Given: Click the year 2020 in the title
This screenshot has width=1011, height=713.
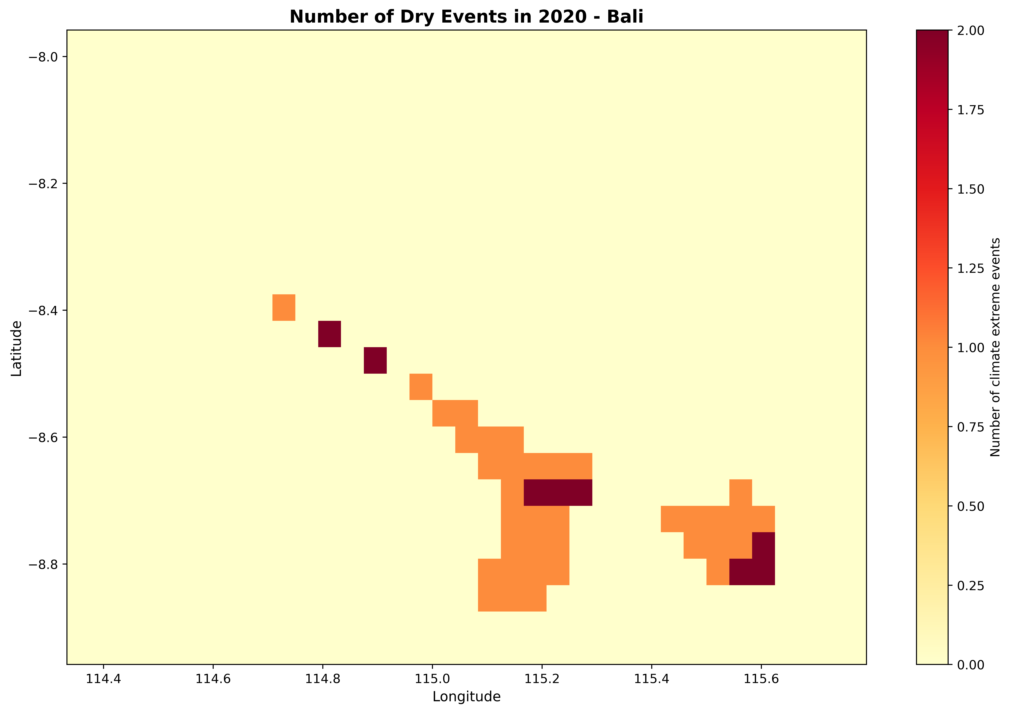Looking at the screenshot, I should [564, 17].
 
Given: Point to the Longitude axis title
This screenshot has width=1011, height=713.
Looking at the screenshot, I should [466, 697].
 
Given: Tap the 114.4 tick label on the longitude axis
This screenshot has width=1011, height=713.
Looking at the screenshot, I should [103, 679].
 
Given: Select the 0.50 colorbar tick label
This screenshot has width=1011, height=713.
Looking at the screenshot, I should [970, 506].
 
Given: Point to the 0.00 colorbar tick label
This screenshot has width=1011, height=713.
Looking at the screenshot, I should [970, 665].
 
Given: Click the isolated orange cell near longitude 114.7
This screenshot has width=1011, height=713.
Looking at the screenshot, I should [284, 307].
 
